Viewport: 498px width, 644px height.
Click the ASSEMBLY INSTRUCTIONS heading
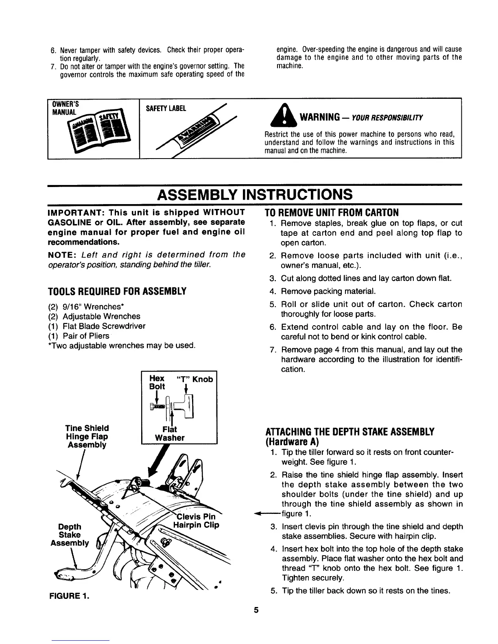click(x=255, y=194)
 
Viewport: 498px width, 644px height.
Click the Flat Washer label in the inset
click(x=170, y=433)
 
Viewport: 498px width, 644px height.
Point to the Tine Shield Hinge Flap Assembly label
click(x=87, y=436)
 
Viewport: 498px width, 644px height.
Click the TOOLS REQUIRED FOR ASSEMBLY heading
click(x=117, y=291)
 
